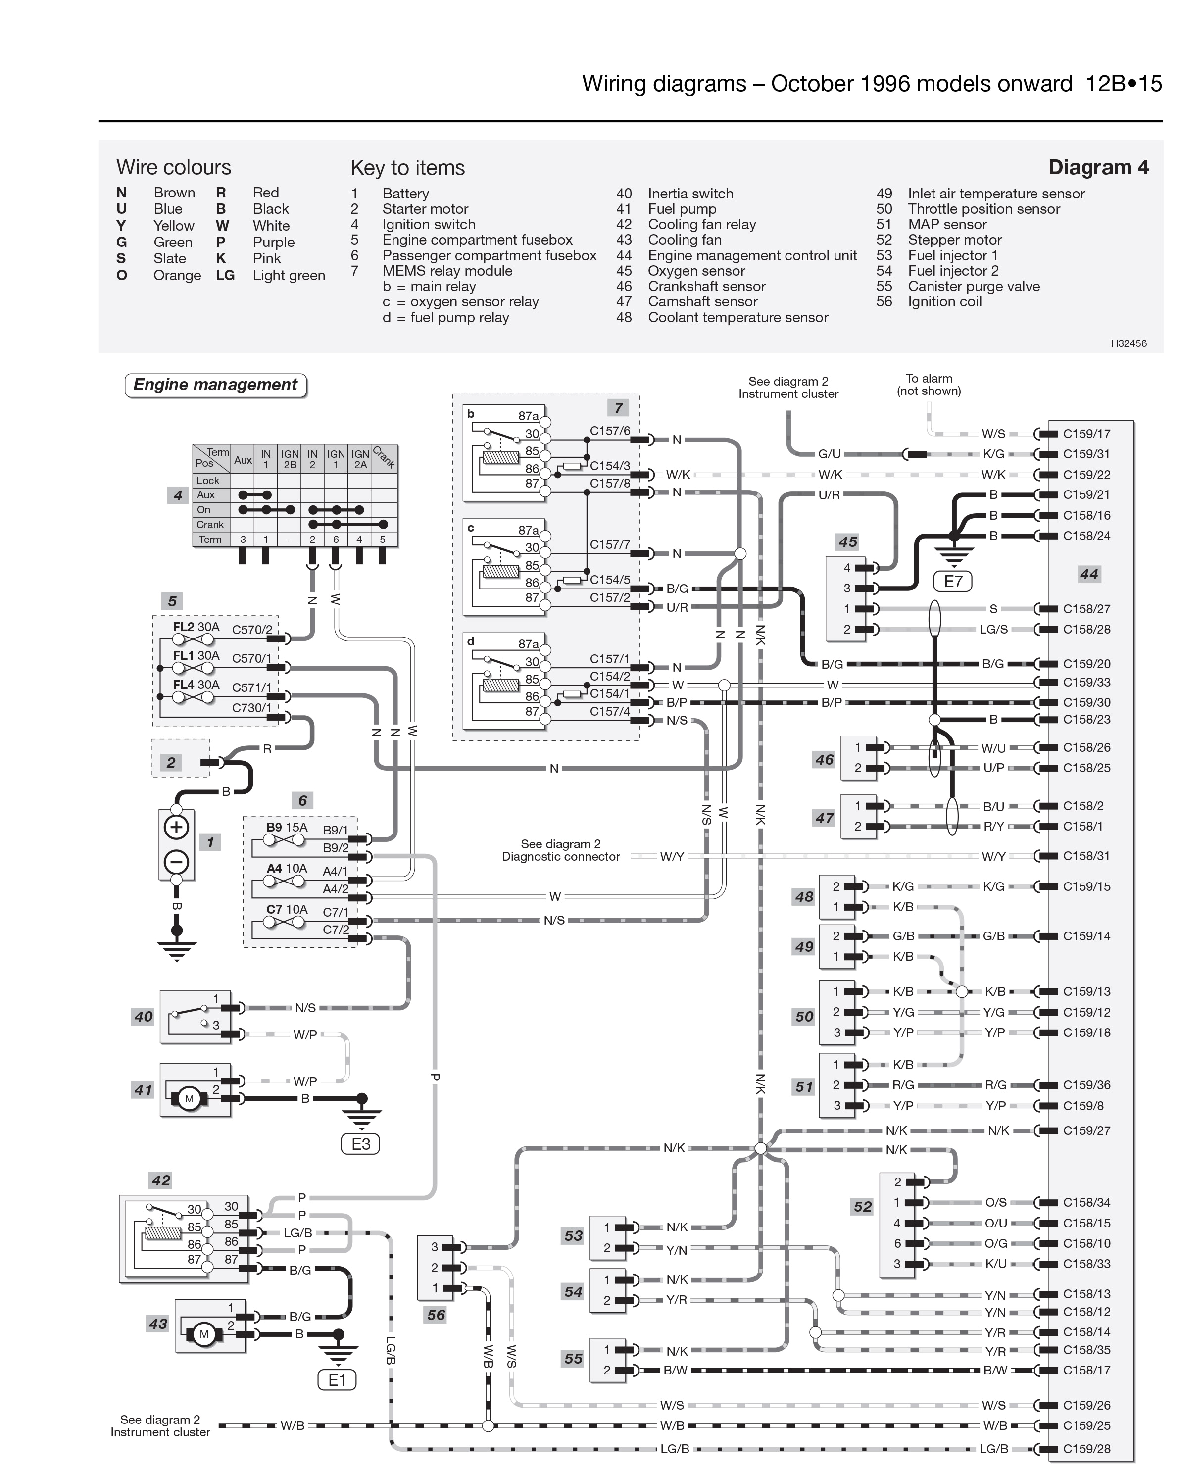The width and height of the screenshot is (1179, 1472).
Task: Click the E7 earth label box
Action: (x=952, y=581)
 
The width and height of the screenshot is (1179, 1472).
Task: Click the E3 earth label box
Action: (x=360, y=1144)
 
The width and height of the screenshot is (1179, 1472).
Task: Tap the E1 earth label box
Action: (x=337, y=1380)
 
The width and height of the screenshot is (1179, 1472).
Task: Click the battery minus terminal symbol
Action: (x=176, y=862)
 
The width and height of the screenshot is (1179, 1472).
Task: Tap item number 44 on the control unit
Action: (x=1088, y=574)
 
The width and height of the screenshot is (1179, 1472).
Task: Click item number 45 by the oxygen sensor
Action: (x=847, y=542)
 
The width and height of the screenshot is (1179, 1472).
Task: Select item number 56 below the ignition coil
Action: (x=436, y=1315)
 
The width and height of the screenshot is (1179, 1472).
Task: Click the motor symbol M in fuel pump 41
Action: (x=189, y=1098)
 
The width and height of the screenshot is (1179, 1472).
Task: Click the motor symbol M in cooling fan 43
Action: (x=203, y=1334)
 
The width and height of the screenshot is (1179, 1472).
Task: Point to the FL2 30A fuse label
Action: (x=196, y=627)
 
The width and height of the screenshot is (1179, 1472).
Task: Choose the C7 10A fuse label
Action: (x=287, y=909)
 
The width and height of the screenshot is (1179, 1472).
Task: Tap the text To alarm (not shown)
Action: (x=929, y=385)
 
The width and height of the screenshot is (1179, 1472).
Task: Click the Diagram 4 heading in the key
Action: (x=1098, y=167)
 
